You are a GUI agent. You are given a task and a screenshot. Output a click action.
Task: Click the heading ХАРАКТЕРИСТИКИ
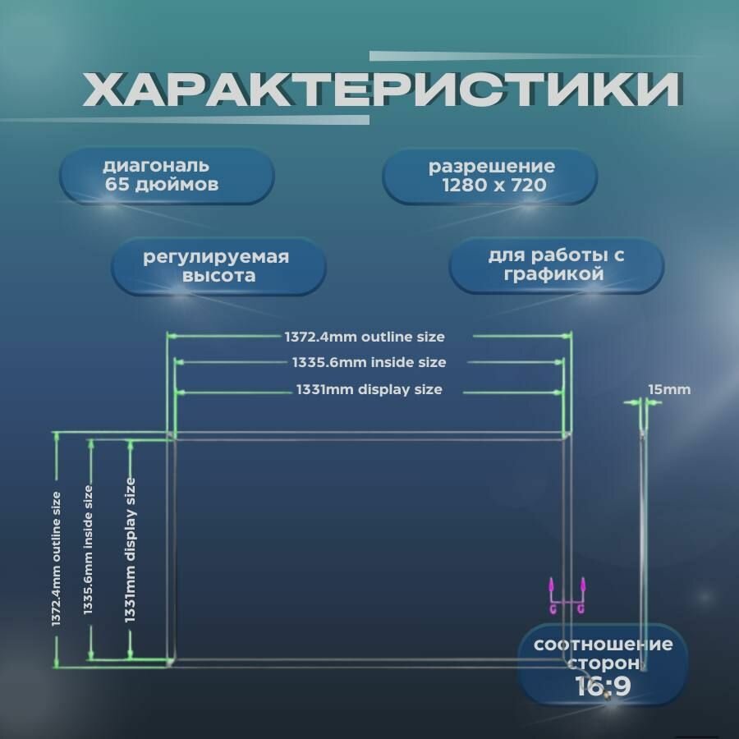(x=381, y=90)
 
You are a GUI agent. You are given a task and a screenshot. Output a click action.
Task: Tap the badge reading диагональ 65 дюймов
(x=166, y=176)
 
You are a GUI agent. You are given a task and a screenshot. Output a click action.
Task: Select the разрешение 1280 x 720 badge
(x=491, y=176)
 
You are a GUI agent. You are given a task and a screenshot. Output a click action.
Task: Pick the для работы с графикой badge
(x=556, y=265)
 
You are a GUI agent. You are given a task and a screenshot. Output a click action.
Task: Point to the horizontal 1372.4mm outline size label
(x=365, y=337)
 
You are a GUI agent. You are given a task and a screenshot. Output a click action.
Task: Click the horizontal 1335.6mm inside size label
(x=369, y=362)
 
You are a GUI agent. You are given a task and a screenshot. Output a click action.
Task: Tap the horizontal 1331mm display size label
(x=369, y=389)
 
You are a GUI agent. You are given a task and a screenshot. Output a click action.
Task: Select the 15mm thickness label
(x=669, y=389)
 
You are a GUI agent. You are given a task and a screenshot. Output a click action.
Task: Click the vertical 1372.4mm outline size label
(x=56, y=559)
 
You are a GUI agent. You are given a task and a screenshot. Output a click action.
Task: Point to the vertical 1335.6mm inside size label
(x=88, y=549)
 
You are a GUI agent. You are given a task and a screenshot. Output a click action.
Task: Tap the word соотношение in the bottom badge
(x=603, y=644)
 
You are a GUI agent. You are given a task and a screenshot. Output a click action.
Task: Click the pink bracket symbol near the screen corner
(x=567, y=598)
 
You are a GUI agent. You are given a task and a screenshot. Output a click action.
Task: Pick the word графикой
(x=556, y=275)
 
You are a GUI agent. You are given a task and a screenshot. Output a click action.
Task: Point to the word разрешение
(x=491, y=167)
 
